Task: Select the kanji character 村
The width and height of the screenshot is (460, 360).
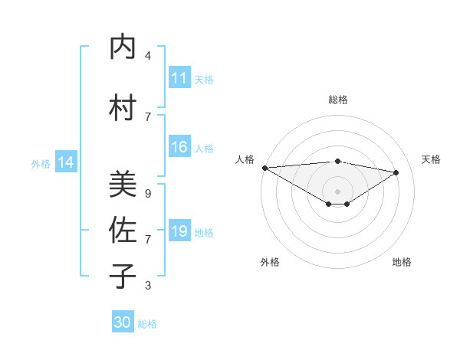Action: (123, 108)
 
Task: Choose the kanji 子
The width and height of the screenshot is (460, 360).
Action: (123, 277)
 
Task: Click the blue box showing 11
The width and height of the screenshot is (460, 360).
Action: (179, 78)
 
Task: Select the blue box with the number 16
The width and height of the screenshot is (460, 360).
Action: (179, 148)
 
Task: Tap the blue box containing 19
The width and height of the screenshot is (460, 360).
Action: (179, 231)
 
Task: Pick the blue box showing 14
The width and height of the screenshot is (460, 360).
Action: (66, 162)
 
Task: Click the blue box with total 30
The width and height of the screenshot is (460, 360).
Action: (123, 322)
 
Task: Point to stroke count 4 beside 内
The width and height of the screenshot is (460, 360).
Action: (148, 56)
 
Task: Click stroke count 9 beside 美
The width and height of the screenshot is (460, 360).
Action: (148, 194)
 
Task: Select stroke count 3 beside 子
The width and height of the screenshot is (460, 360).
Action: (148, 286)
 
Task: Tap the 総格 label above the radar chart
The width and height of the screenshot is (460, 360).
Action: (337, 100)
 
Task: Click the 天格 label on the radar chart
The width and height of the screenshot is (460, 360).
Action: (431, 159)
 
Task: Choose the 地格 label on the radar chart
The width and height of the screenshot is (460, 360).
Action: (402, 262)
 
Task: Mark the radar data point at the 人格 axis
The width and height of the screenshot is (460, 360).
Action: (264, 167)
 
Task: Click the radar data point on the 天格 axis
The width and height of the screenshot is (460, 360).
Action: (396, 172)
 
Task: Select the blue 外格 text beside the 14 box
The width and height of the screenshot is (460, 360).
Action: (41, 163)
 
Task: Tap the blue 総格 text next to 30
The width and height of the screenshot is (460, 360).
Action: (147, 324)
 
